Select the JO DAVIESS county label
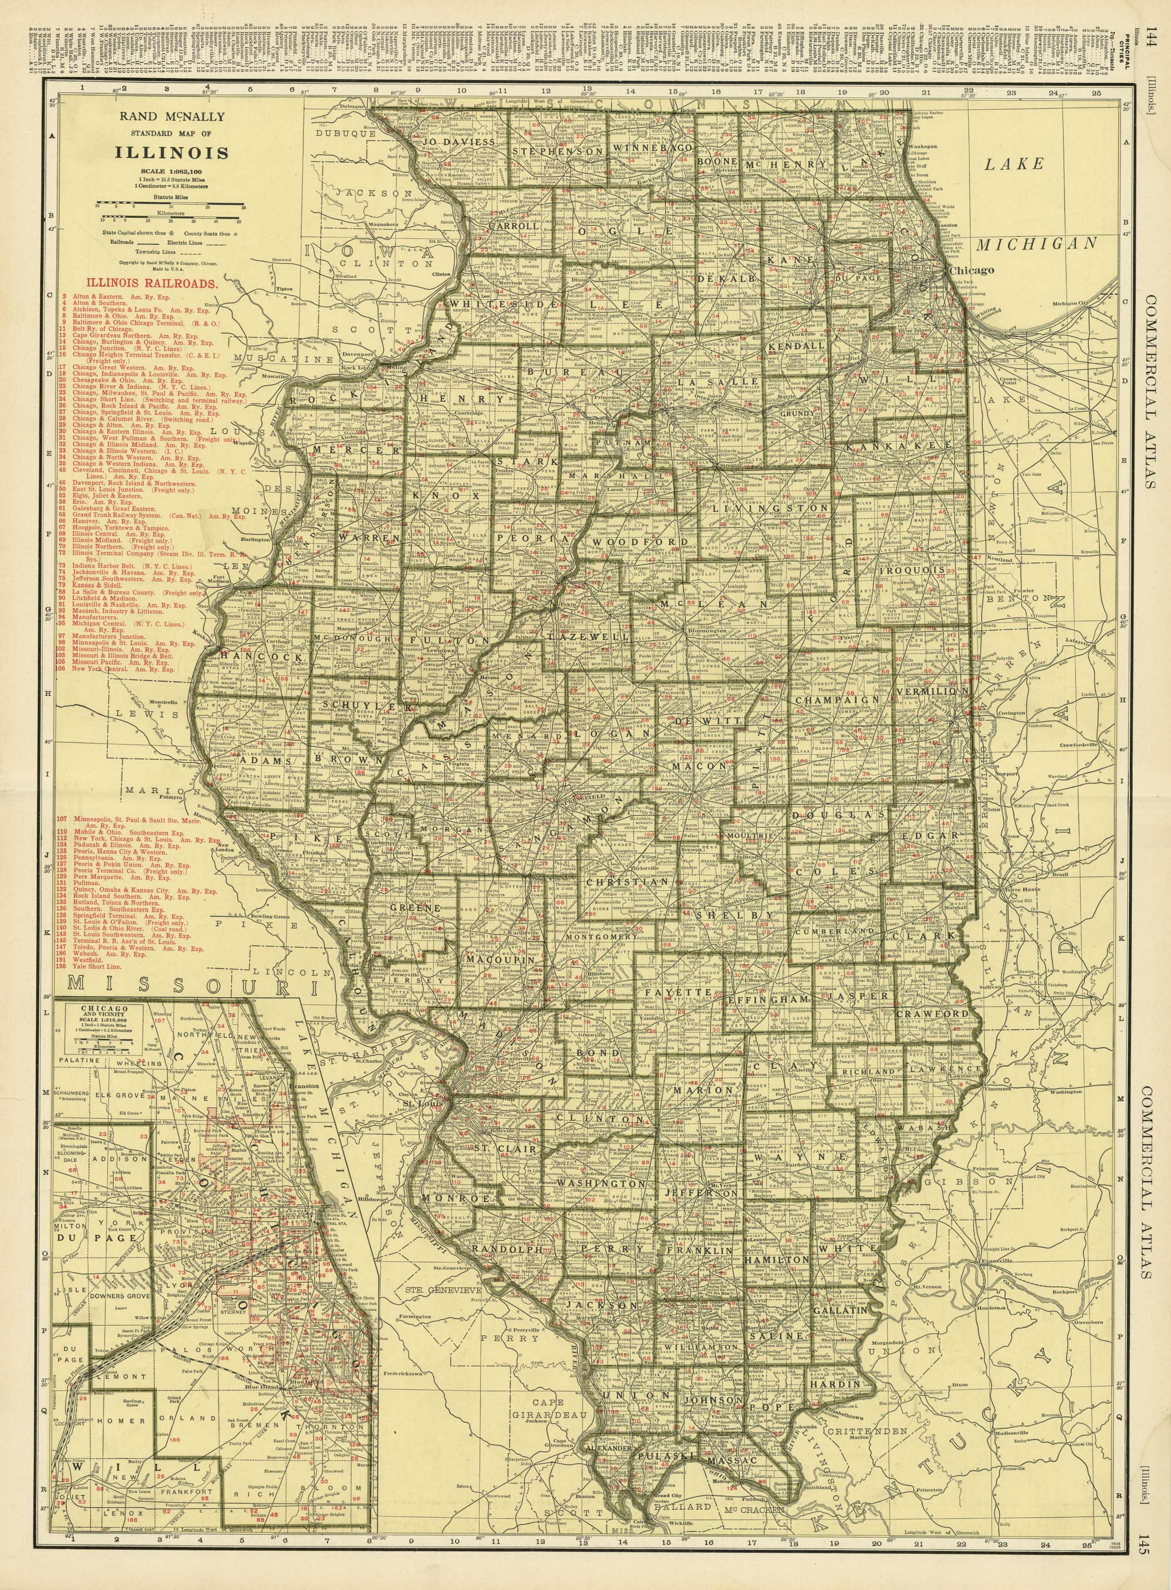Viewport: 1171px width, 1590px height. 458,142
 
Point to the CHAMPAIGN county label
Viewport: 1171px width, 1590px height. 837,699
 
